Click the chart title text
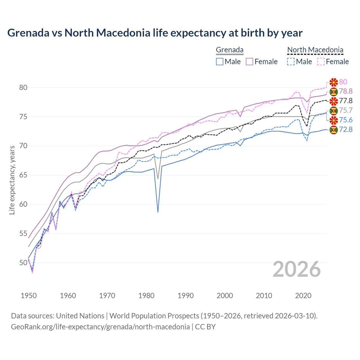coord(155,33)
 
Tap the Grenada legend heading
coord(229,50)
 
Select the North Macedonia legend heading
coord(315,50)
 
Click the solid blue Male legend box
coord(220,62)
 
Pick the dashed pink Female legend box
coord(321,62)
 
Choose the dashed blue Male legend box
coord(291,62)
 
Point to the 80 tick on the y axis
coord(23,87)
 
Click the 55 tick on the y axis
coord(23,233)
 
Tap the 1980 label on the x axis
coord(147,296)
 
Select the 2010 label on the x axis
coord(264,296)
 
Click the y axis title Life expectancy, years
coord(12,180)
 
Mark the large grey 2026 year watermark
coord(297,269)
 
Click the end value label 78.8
coord(346,91)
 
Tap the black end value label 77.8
coord(346,101)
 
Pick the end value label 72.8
coord(346,130)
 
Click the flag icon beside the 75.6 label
coord(334,120)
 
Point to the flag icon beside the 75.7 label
coord(334,111)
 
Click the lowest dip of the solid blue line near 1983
coord(158,212)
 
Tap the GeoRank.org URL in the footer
coord(100,327)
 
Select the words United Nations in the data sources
coord(80,316)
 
